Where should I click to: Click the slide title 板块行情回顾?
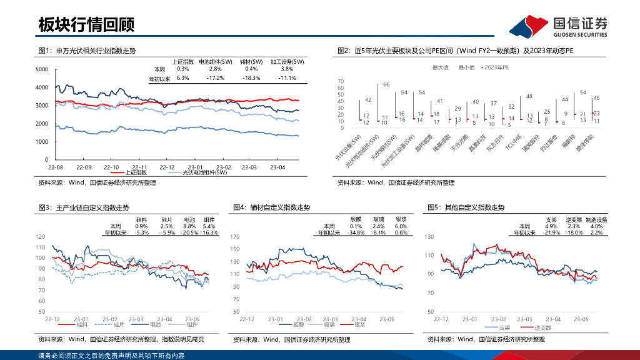86,24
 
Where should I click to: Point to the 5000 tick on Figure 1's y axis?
42,69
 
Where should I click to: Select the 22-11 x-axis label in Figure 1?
139,167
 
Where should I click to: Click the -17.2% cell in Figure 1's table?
215,78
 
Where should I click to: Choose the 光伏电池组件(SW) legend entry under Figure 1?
204,172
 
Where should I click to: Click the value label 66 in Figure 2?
386,84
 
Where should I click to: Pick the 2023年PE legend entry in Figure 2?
497,67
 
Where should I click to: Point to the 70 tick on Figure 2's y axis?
341,81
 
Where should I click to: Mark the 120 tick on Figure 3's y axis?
41,237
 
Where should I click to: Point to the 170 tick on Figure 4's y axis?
235,237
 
